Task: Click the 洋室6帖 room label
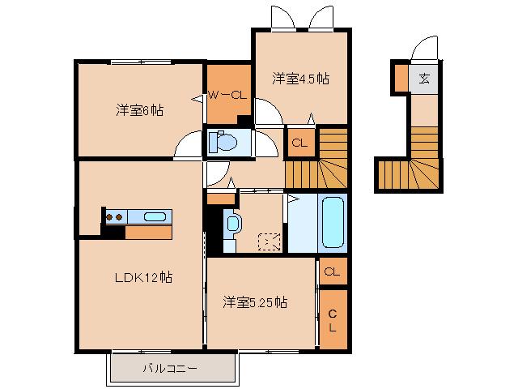click(139, 109)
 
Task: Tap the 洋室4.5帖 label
click(300, 79)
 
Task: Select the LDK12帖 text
click(142, 277)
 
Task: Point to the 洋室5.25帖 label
click(256, 302)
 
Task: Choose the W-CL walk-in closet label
click(227, 96)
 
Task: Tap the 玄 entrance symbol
click(424, 79)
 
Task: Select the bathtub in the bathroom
click(333, 221)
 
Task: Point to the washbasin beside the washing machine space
click(232, 223)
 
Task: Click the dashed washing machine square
click(269, 241)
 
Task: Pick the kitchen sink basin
click(155, 216)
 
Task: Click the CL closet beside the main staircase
click(299, 143)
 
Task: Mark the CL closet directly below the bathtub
click(332, 271)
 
